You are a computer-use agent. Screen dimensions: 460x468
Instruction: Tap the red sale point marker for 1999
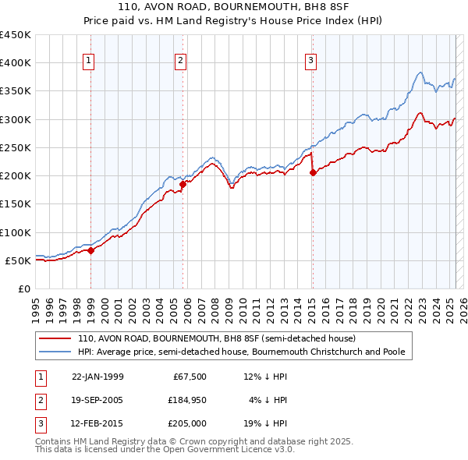tap(91, 250)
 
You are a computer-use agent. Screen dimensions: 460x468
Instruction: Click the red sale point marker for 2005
tap(183, 184)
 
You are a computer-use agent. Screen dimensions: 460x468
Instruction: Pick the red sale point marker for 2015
tap(313, 173)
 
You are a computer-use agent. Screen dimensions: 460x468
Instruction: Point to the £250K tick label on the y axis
tap(15, 147)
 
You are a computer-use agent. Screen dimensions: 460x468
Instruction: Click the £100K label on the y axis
tap(15, 232)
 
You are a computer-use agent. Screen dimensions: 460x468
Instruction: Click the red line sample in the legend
tap(55, 339)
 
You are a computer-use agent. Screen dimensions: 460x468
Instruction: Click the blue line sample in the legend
tap(55, 352)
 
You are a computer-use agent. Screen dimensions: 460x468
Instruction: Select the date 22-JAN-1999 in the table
tap(97, 377)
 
